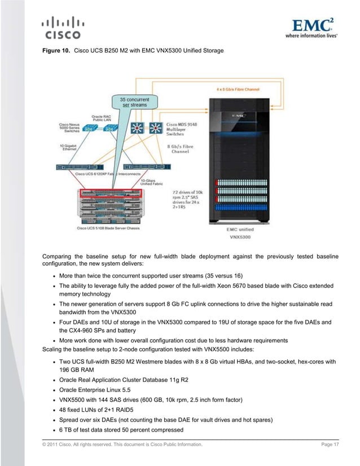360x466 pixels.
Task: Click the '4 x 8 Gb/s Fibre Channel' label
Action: [x=239, y=89]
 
